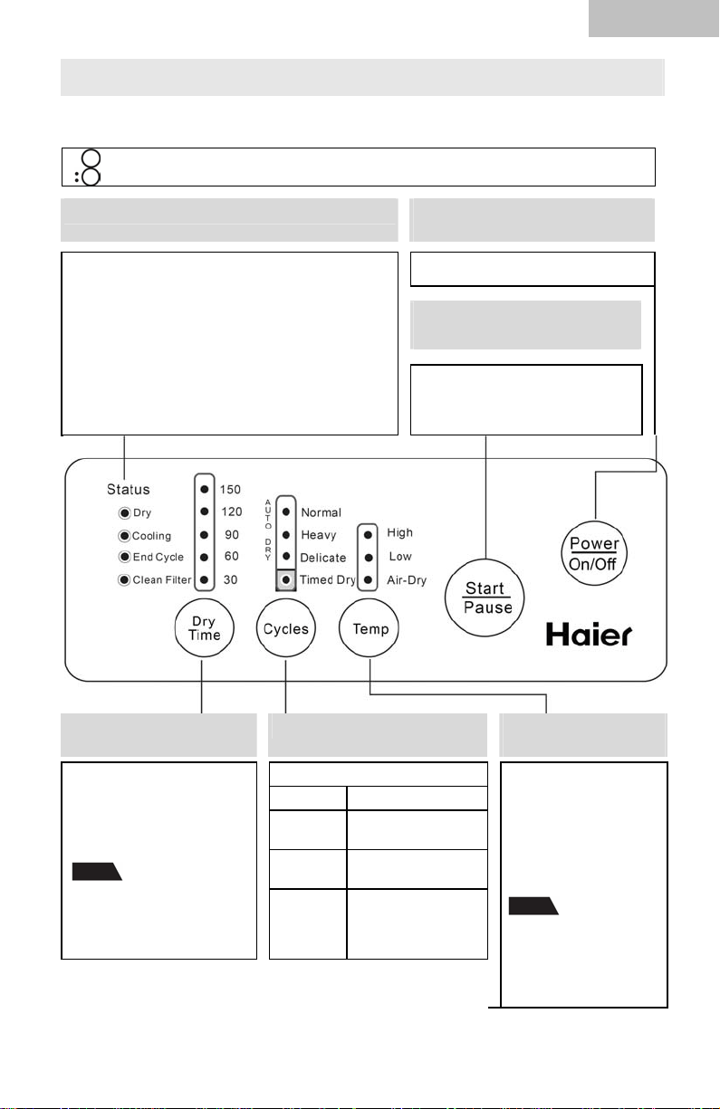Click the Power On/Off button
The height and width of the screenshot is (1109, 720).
coord(594,553)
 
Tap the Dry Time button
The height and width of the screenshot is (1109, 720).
coord(204,627)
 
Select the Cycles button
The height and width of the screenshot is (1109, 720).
coord(285,627)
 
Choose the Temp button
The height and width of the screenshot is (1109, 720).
coord(369,627)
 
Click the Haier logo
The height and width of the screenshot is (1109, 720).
coord(589,635)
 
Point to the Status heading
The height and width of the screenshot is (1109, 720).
coord(129,489)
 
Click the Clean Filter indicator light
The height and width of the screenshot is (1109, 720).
coord(124,579)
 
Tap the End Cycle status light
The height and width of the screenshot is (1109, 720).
coord(124,557)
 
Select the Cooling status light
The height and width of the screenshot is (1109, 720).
coord(124,536)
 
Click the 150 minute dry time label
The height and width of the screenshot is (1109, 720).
coord(230,490)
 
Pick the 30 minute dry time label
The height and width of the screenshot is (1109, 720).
coord(230,579)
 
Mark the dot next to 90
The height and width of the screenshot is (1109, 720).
coord(204,535)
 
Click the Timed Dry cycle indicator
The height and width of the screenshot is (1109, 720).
coord(285,579)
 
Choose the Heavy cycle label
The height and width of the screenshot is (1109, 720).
coord(319,535)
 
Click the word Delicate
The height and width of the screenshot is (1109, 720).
coord(322,558)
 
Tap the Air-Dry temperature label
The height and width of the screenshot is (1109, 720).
coord(407,580)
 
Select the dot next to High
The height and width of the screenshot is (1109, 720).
coord(368,535)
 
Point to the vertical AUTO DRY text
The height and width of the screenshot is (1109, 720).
coord(268,530)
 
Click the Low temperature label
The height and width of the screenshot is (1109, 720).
coord(400,557)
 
